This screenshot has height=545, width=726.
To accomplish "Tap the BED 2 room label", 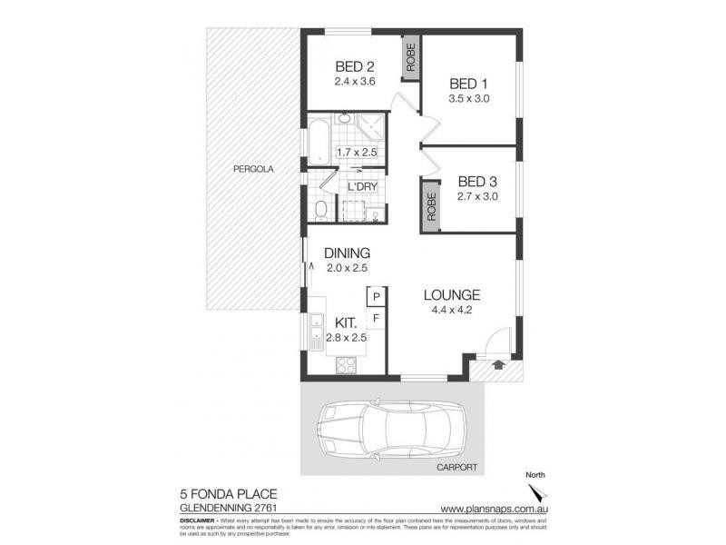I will tap(355, 65).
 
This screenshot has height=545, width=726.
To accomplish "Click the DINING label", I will tap(345, 253).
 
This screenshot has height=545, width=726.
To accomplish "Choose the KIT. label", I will tap(346, 322).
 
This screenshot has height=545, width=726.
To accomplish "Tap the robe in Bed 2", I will tap(411, 58).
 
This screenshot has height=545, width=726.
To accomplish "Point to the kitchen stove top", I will tap(347, 365).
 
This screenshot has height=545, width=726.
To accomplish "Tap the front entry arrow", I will tap(497, 365).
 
